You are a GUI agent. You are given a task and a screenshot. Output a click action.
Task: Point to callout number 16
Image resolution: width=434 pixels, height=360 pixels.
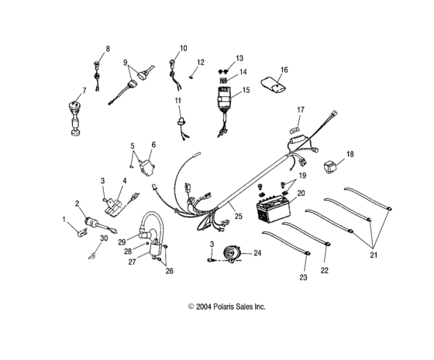point(284,70)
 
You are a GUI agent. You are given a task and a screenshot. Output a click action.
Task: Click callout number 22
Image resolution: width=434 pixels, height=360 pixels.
point(325,269)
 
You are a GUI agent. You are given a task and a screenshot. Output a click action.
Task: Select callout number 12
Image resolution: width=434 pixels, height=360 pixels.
point(200,63)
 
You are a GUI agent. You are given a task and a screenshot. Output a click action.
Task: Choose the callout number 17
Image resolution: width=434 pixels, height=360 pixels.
point(301,110)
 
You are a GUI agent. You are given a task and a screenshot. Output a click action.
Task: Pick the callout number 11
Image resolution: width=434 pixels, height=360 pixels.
point(177,101)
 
